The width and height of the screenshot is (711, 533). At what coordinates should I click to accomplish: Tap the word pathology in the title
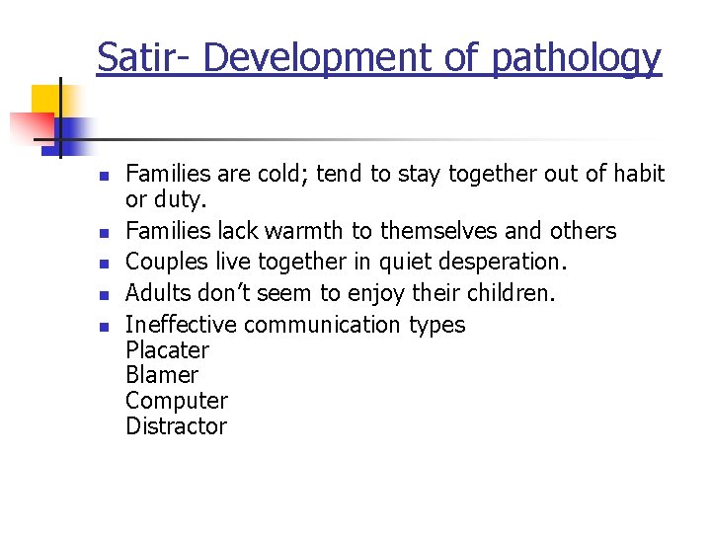click(577, 59)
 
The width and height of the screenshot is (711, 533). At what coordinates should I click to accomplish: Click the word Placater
click(168, 350)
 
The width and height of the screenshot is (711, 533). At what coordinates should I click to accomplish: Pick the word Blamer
click(162, 375)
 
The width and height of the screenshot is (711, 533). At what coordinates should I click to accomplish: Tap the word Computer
click(176, 401)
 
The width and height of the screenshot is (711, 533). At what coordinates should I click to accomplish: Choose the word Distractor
click(176, 426)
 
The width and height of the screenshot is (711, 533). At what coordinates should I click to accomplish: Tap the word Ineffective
click(182, 325)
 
